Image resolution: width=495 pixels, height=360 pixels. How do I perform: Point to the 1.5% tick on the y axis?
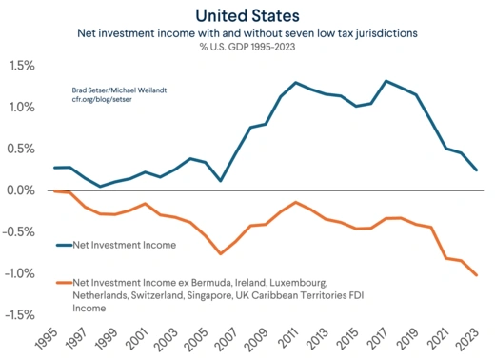[21, 66]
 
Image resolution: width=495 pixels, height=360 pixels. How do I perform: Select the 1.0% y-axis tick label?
[21, 108]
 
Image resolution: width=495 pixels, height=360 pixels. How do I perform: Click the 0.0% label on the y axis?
[21, 190]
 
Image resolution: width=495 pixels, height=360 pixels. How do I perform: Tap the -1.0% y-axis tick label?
[19, 274]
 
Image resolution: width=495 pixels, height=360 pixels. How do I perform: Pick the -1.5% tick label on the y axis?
[19, 315]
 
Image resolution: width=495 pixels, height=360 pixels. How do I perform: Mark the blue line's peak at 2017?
[386, 81]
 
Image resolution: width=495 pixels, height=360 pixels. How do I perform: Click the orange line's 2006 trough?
[221, 253]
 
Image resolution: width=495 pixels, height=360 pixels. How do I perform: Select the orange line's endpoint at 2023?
[477, 275]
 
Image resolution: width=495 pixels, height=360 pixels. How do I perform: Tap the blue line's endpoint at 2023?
[477, 170]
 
